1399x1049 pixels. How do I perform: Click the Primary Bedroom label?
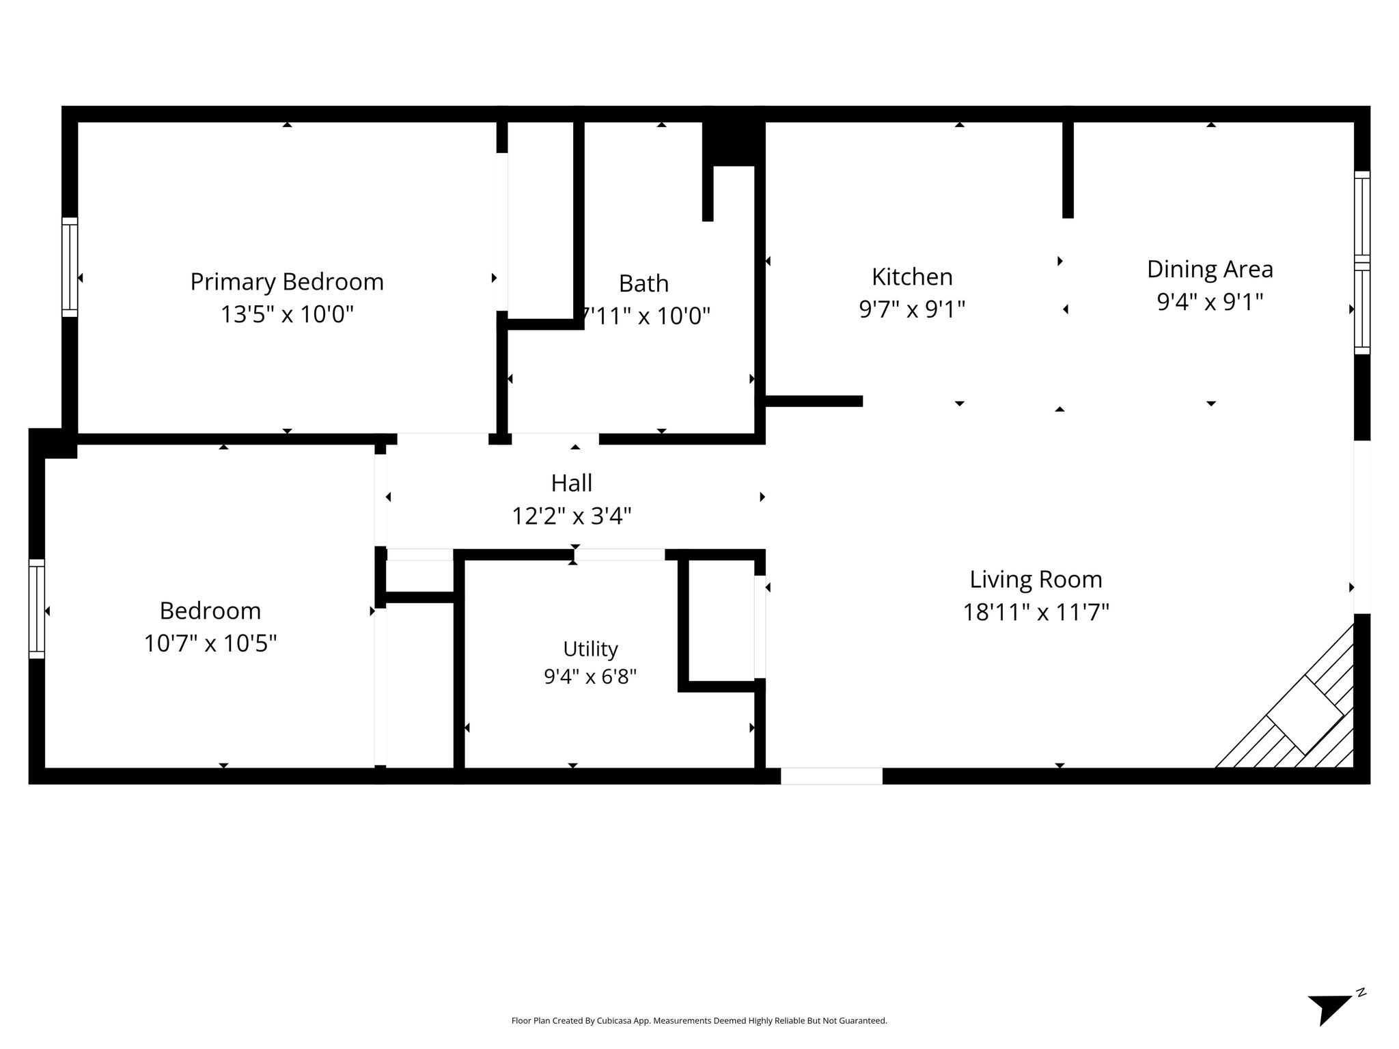coord(287,281)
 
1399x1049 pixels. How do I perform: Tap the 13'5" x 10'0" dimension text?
coord(287,314)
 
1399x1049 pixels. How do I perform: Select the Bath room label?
coord(643,283)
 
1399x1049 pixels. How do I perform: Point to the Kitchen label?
coord(912,277)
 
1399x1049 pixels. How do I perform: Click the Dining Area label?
coord(1210,269)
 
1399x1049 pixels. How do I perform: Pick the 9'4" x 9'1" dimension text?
coord(1210,301)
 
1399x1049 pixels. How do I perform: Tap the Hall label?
coord(572,483)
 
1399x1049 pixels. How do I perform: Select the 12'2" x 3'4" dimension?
coord(572,516)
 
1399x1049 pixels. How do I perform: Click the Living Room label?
coord(1036,579)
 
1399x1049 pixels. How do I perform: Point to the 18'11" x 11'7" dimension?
coord(1036,612)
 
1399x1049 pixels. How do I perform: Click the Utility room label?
coord(590,649)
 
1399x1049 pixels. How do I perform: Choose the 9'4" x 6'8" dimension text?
coord(590,676)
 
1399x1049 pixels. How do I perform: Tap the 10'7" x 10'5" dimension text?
coord(210,643)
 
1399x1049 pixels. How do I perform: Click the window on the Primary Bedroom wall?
coord(70,267)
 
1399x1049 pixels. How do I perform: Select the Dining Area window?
coord(1362,263)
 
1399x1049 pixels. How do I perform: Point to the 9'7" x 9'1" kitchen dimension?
coord(912,309)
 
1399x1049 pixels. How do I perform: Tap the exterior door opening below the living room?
coord(831,776)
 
